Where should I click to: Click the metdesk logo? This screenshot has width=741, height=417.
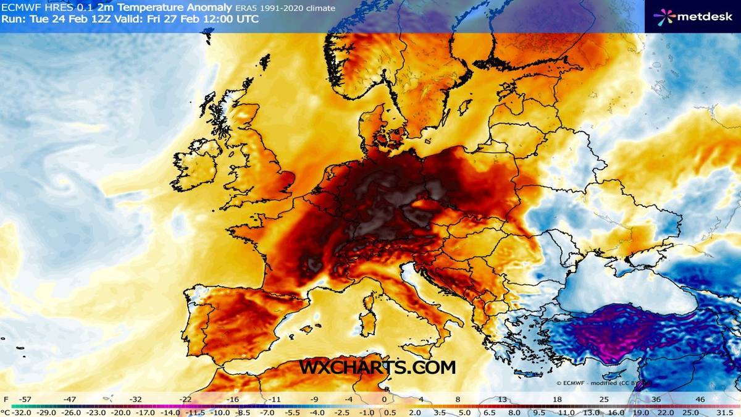click(693, 15)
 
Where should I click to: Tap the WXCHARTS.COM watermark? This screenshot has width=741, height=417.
click(377, 367)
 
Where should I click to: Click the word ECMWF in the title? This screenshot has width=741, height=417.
click(19, 8)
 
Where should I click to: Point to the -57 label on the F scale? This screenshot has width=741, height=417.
click(26, 400)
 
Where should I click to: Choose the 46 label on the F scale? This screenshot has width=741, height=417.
click(700, 400)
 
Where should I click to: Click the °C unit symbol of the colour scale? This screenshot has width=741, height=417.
click(6, 411)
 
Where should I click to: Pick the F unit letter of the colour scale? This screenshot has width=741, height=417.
click(6, 400)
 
